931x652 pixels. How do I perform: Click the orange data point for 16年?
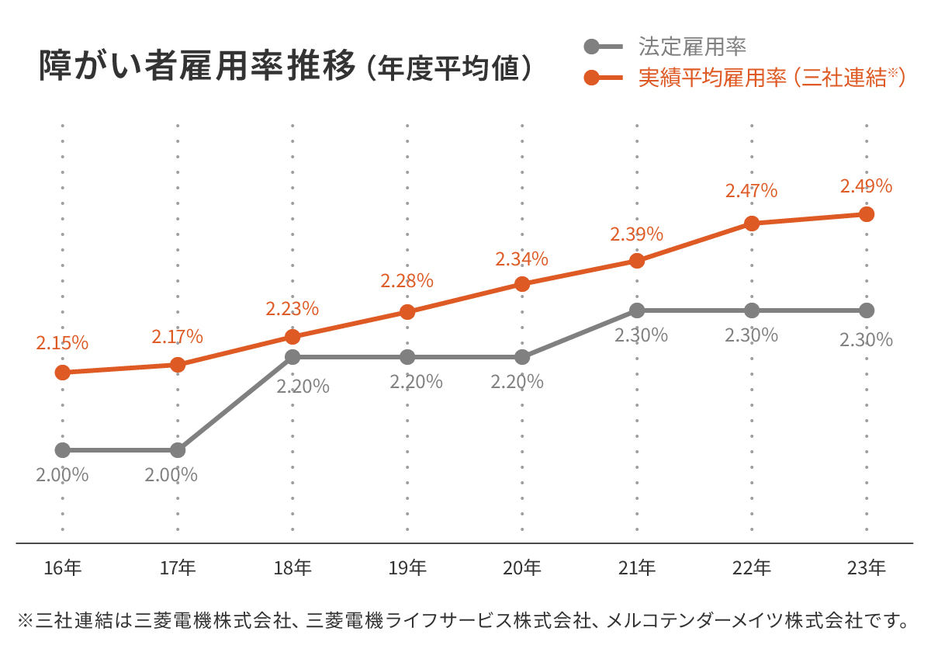coord(63,373)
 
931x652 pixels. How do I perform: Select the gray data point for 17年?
coord(178,450)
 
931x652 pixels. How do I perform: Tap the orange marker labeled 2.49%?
coord(867,214)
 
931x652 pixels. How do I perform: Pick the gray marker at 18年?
coord(292,357)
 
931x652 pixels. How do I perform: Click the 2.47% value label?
coord(751,191)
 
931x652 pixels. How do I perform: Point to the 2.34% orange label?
coord(521,258)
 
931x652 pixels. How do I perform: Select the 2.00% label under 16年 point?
coord(62,474)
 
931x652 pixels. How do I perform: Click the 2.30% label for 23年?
coord(866,339)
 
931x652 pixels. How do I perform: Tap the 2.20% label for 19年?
coord(416,382)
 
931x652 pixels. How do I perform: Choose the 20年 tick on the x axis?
coord(521,568)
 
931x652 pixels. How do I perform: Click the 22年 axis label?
coord(751,568)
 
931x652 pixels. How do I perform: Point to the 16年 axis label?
coord(63,568)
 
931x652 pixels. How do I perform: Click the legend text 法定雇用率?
coord(692,47)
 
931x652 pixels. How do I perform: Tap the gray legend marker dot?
coord(592,47)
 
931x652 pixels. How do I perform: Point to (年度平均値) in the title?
coord(451,68)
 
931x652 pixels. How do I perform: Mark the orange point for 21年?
coord(637,261)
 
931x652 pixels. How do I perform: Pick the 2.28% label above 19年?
coord(407,281)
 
